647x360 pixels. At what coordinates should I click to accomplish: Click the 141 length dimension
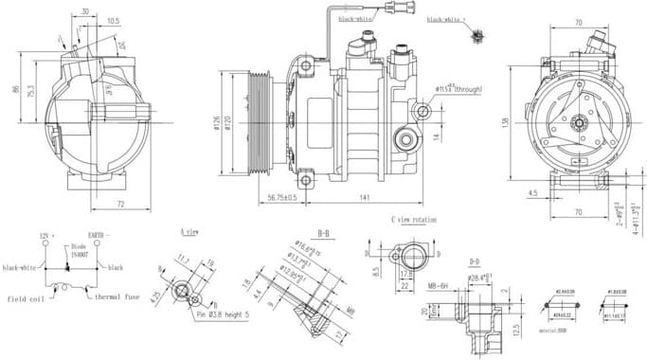coord(364,196)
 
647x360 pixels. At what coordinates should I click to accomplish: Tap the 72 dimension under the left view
coord(121,203)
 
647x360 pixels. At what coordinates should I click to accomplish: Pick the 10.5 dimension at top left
coord(113,20)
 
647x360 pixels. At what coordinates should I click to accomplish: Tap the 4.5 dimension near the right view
coord(532,192)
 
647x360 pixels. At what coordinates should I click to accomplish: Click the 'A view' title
coord(189,231)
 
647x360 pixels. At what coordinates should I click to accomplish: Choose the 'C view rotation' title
coord(414,220)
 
